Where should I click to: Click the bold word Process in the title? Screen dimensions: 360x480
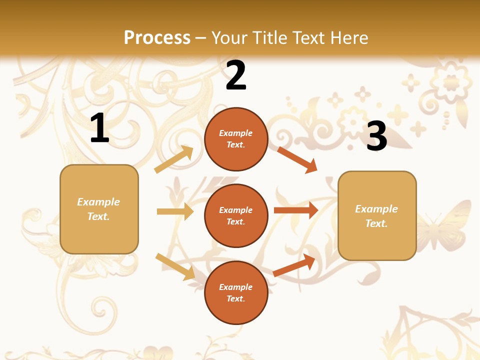(157, 38)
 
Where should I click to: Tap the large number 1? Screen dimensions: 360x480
(99, 128)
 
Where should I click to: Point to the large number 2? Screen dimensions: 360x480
(236, 75)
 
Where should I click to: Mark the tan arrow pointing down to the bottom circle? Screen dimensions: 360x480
(175, 266)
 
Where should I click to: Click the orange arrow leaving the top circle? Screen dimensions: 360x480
(297, 159)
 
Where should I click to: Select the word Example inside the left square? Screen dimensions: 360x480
(98, 202)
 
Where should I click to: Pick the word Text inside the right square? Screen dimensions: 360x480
(375, 223)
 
